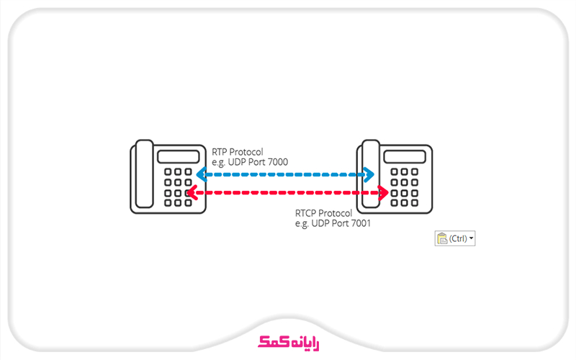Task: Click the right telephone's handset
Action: (371, 176)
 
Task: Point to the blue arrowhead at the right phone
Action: (369, 174)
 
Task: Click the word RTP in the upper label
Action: (220, 152)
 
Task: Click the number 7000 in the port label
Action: (276, 163)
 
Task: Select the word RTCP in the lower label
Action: (305, 214)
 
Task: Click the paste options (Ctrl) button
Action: (455, 238)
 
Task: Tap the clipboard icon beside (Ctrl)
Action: (441, 238)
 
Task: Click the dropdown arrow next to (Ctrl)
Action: (472, 238)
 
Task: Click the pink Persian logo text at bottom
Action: (288, 342)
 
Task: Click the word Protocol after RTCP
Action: (336, 214)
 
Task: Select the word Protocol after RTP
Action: (247, 152)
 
